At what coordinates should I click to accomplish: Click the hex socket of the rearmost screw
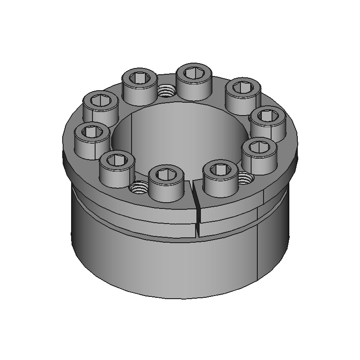[193, 73]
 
